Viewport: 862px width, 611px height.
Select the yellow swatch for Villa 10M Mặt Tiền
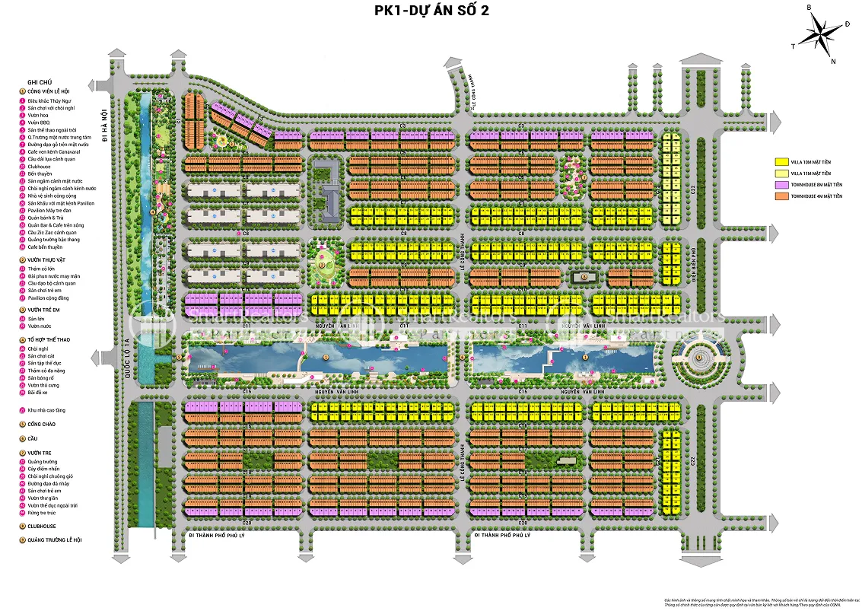[781, 162]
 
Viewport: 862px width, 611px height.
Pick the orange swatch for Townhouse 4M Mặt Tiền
[781, 196]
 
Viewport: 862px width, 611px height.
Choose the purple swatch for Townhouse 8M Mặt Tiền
[781, 185]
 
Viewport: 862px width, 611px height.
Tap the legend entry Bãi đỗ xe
[39, 393]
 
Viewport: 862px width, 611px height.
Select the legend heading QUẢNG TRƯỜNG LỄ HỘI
[54, 539]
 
